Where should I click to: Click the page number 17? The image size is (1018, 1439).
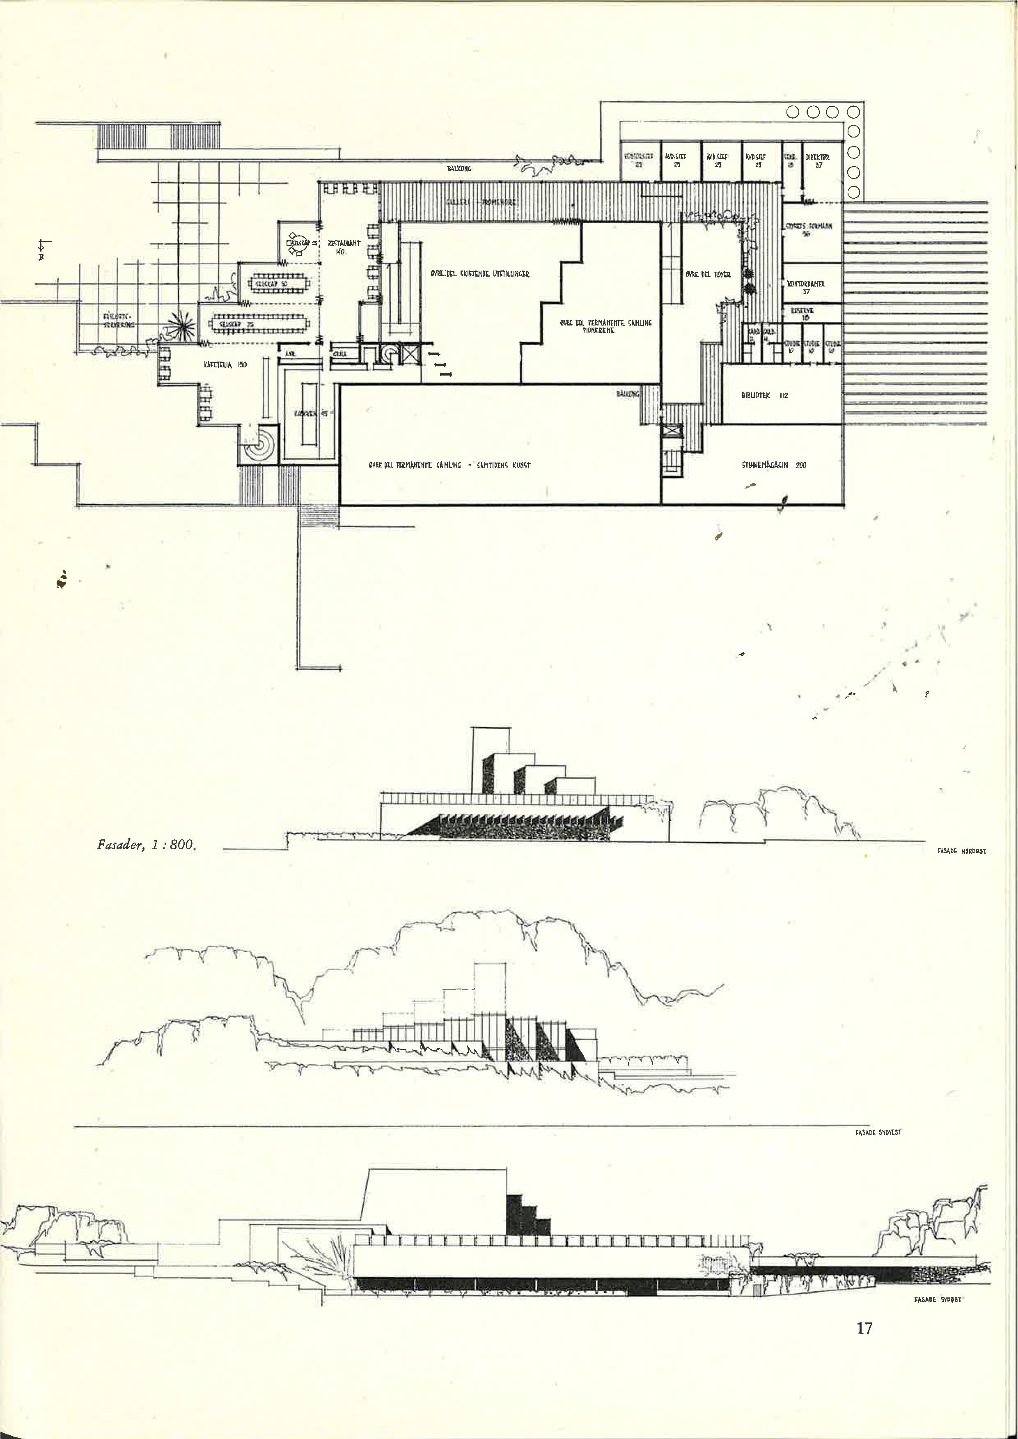coord(864,1327)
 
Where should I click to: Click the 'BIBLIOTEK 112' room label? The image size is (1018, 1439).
coord(764,396)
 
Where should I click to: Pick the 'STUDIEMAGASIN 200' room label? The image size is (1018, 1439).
coord(773,465)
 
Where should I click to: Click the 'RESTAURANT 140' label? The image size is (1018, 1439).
coord(344,246)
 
